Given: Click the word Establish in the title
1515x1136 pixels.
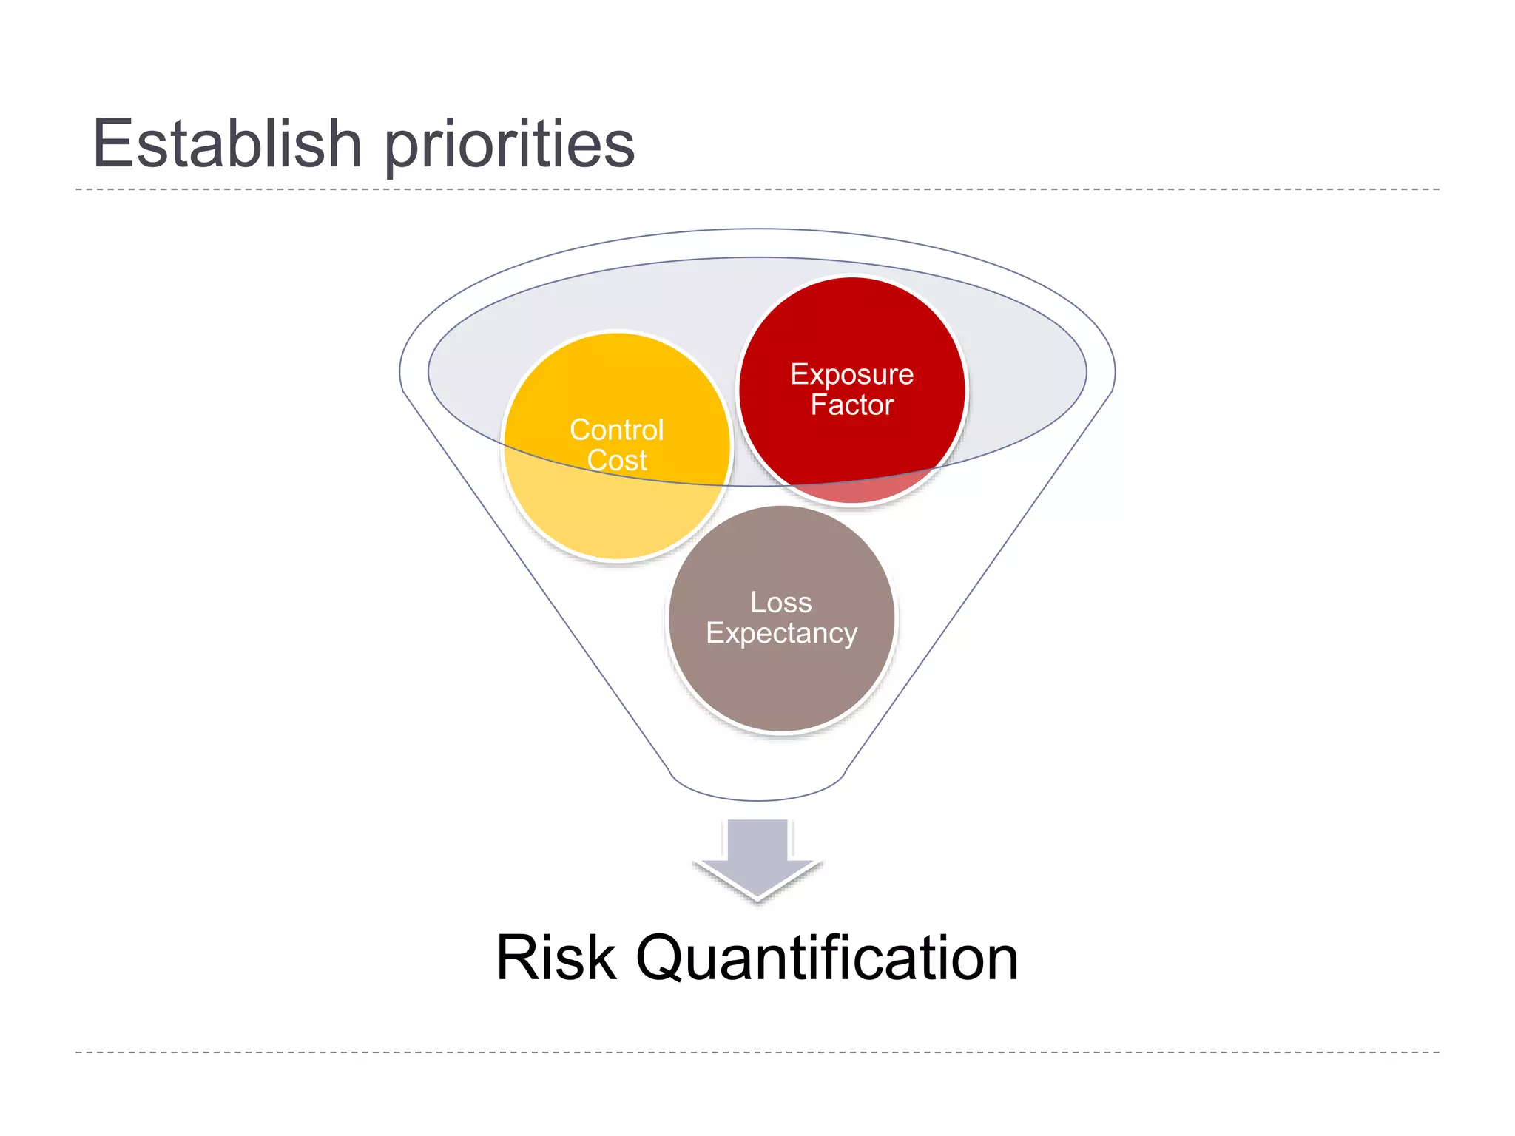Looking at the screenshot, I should [226, 143].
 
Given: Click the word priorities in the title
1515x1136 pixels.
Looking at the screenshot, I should [509, 145].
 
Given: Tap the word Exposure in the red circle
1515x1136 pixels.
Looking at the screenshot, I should [851, 375].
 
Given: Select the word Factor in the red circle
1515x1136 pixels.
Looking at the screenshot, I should [851, 405].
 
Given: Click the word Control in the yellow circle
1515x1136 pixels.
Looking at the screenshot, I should [616, 430].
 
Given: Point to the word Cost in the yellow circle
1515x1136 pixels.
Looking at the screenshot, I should [616, 461].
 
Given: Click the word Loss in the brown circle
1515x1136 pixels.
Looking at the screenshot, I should [780, 603].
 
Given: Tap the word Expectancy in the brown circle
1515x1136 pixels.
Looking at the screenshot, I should [781, 634].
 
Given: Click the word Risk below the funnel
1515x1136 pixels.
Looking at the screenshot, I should [556, 958].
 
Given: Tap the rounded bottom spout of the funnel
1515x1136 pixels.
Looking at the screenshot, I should [757, 788].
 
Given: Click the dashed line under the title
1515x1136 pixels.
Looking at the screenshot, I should [757, 189].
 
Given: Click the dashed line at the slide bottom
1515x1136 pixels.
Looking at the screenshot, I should [757, 1052].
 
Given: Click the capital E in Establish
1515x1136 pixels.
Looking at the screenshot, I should [112, 143].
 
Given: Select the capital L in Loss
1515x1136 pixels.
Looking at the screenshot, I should [757, 603].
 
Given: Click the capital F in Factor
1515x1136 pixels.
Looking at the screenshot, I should [819, 405].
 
